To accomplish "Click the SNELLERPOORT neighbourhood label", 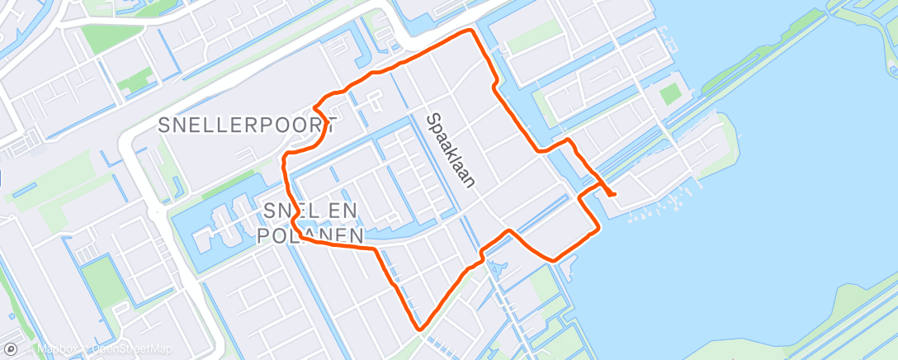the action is (247, 126).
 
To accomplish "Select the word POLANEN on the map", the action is (310, 236).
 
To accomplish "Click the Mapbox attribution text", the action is (58, 349).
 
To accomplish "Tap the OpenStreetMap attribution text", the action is (132, 349).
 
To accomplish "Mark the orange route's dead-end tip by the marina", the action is (615, 194).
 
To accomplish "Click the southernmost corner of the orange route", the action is (420, 329).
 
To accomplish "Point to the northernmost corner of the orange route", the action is (471, 31).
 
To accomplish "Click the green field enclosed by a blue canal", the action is (101, 280).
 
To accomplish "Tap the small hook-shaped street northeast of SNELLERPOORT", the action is (376, 102).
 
